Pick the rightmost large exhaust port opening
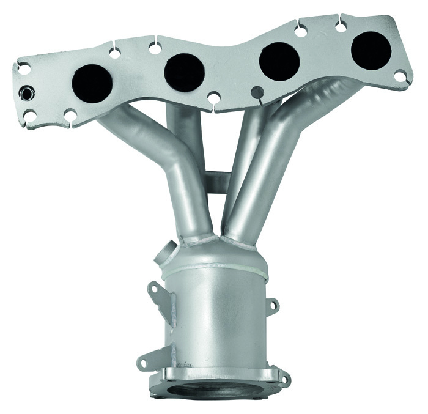pos(372,47)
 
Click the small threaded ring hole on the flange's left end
pos(28,94)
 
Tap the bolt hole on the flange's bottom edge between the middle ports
pos(213,97)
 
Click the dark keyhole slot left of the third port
pos(256,92)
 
